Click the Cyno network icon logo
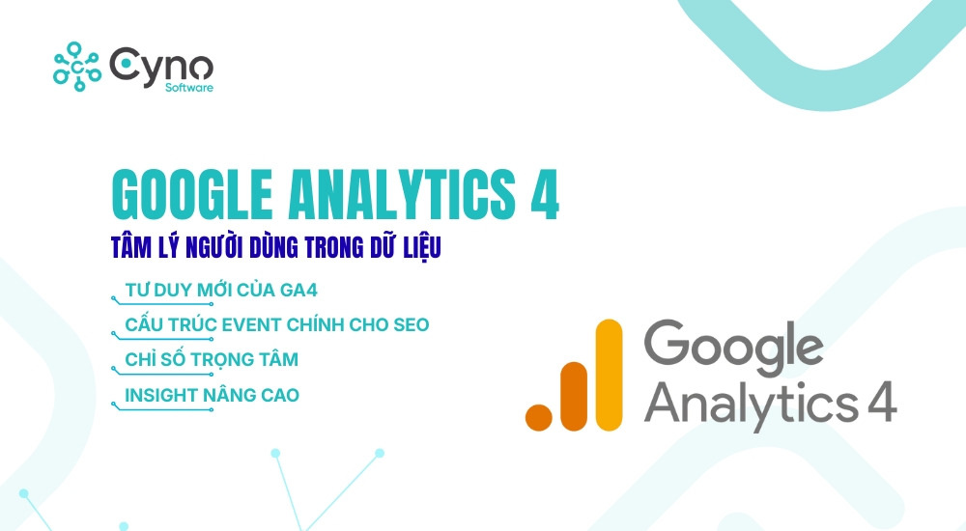coord(76,65)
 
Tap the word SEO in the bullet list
coord(406,324)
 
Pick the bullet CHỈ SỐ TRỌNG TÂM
coord(213,359)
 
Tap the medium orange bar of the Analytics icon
coord(572,395)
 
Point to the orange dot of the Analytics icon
coord(537,415)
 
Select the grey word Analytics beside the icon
coord(750,399)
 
